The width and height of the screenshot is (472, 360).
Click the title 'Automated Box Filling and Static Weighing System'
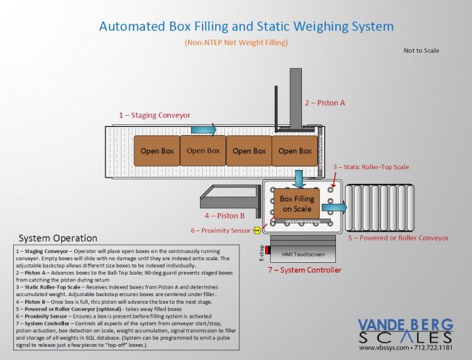tap(246, 27)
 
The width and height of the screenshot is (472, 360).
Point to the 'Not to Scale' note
tap(421, 51)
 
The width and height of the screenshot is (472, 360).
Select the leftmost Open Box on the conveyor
tap(157, 151)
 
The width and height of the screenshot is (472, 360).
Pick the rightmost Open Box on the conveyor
tap(294, 151)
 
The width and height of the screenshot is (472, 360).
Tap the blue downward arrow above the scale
tap(299, 178)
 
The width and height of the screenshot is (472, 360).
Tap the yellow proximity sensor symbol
tap(258, 230)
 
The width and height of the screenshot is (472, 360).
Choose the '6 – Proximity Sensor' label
tap(221, 230)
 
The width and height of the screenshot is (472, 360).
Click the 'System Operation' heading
tap(58, 238)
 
